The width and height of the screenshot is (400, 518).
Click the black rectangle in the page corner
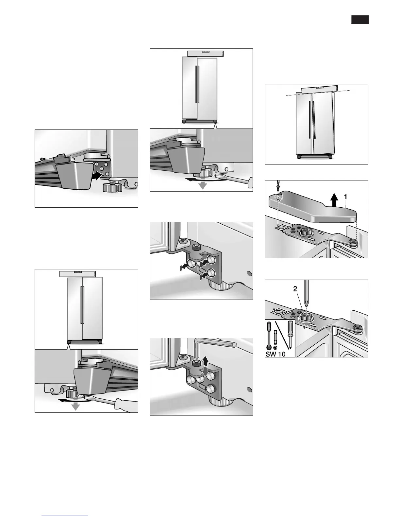click(x=360, y=20)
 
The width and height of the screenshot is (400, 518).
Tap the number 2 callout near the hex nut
click(x=295, y=289)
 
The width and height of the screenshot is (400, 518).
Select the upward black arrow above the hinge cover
click(x=334, y=199)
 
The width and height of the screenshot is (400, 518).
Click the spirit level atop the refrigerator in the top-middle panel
click(x=206, y=53)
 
